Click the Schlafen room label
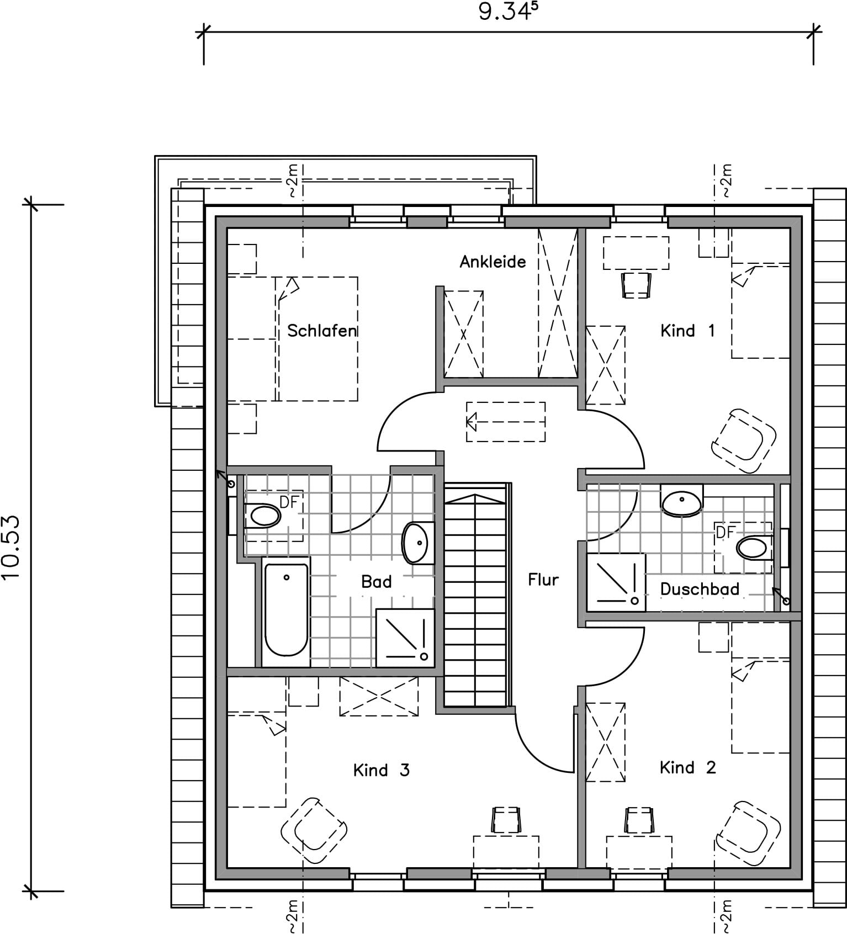(322, 331)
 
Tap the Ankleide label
(493, 261)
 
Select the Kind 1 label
(687, 331)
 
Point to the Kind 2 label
(687, 767)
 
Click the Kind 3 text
(381, 770)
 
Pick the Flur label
(543, 580)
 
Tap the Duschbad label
(700, 589)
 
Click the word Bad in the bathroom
(377, 581)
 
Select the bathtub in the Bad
(286, 610)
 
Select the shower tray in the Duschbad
(616, 582)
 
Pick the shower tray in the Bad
(405, 638)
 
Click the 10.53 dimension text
(12, 547)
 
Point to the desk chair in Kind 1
(637, 285)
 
